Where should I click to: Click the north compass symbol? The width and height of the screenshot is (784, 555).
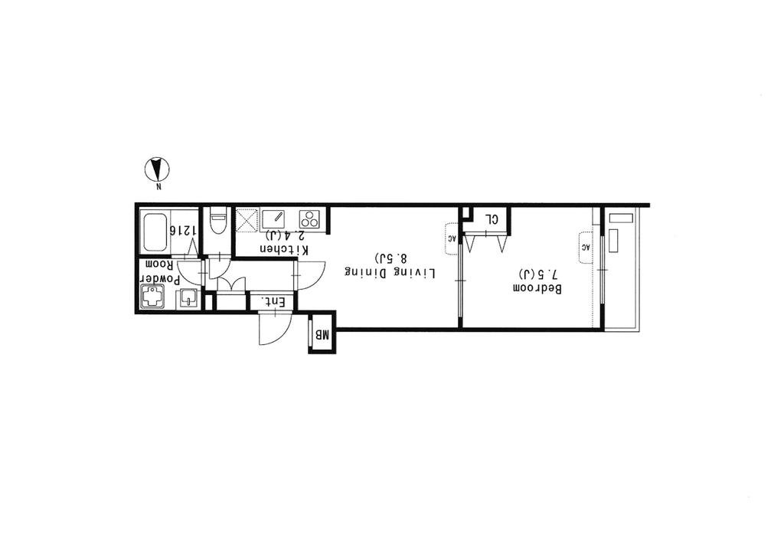click(x=157, y=169)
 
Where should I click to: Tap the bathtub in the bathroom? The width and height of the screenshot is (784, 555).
click(x=155, y=233)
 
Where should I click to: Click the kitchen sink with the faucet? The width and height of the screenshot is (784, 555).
click(x=273, y=220)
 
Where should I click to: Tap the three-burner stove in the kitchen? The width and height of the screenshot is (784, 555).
click(x=309, y=219)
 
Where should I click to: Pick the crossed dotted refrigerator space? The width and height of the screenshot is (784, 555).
click(x=246, y=220)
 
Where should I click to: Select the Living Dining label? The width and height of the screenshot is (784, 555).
click(x=390, y=273)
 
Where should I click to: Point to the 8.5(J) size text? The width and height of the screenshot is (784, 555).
click(x=390, y=258)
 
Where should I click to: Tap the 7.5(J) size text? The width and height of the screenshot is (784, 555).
click(x=537, y=274)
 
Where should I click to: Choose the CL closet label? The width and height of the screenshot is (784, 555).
click(x=492, y=219)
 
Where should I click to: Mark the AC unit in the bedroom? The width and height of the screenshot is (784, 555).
click(x=586, y=248)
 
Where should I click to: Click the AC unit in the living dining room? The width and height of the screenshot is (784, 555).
click(x=452, y=238)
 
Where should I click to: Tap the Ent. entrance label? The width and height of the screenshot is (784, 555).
click(x=273, y=302)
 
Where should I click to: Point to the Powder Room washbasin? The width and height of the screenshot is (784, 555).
click(x=188, y=299)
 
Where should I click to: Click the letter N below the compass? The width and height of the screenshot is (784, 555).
click(x=158, y=188)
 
